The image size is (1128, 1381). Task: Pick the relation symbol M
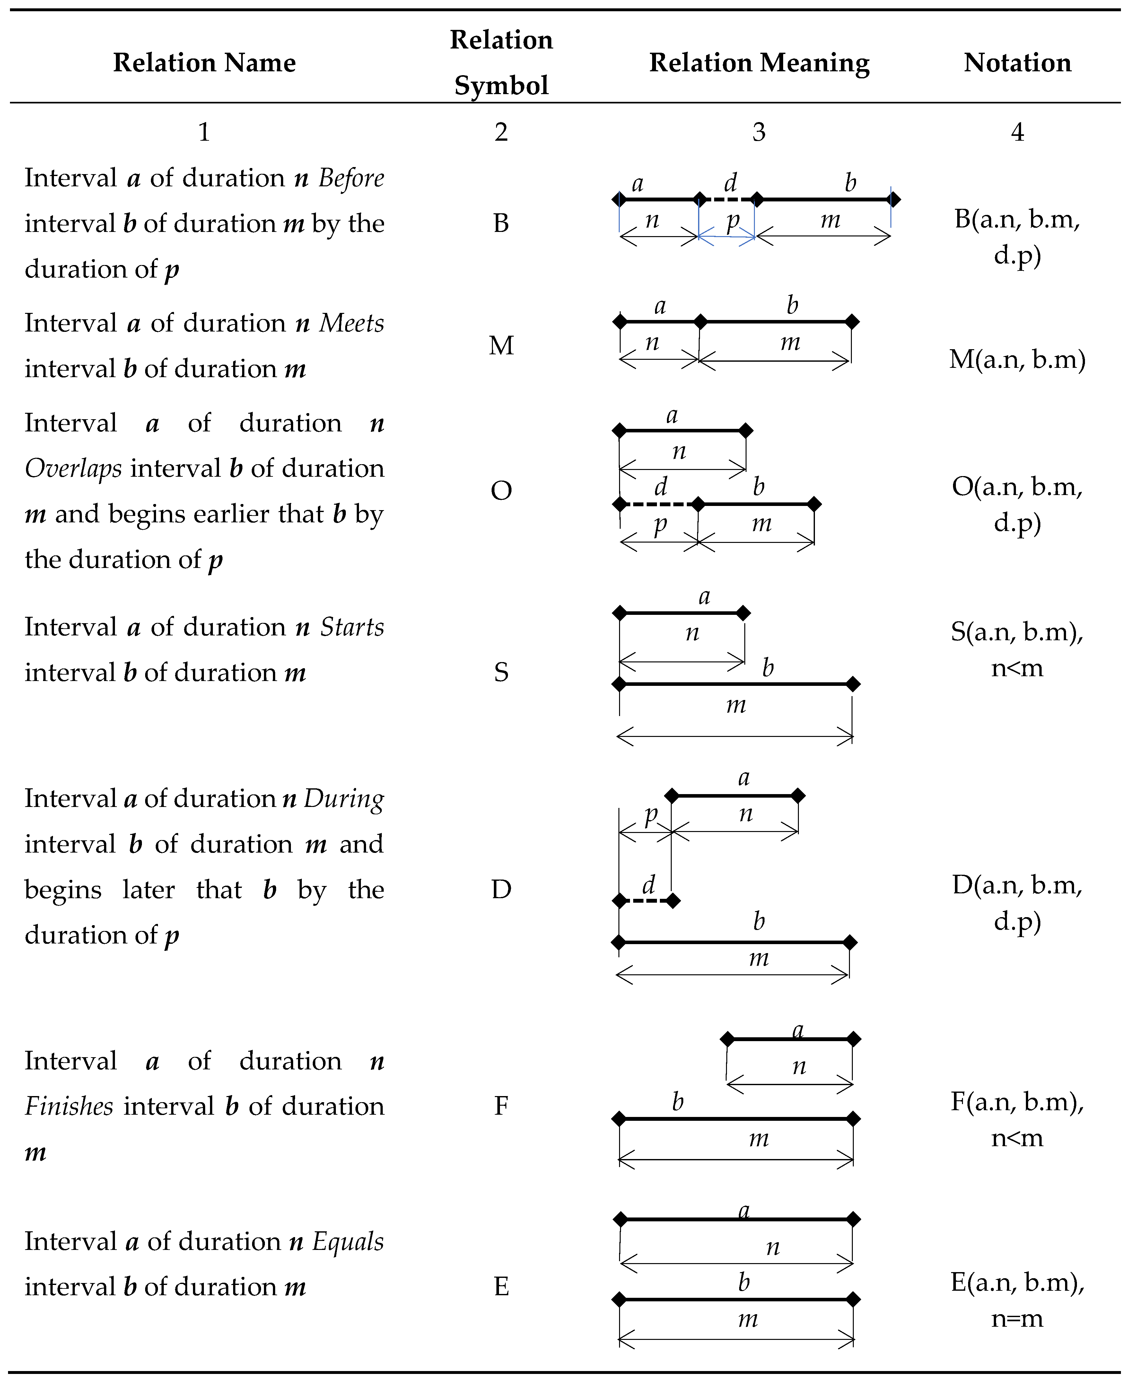tap(501, 346)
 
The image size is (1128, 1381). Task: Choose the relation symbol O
tap(501, 491)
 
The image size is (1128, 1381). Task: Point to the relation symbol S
tap(501, 672)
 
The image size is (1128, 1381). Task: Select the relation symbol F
tap(501, 1105)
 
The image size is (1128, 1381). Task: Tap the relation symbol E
tap(501, 1286)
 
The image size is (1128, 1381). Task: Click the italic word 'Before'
tap(351, 178)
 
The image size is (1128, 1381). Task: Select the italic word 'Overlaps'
tap(73, 469)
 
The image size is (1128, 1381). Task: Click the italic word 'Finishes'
tap(69, 1106)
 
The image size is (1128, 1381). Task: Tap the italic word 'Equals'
tap(348, 1241)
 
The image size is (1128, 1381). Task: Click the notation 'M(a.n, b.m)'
tap(1017, 359)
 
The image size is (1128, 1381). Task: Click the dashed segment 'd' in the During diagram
tap(646, 901)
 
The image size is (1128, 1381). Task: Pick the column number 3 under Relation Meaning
tap(759, 132)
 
